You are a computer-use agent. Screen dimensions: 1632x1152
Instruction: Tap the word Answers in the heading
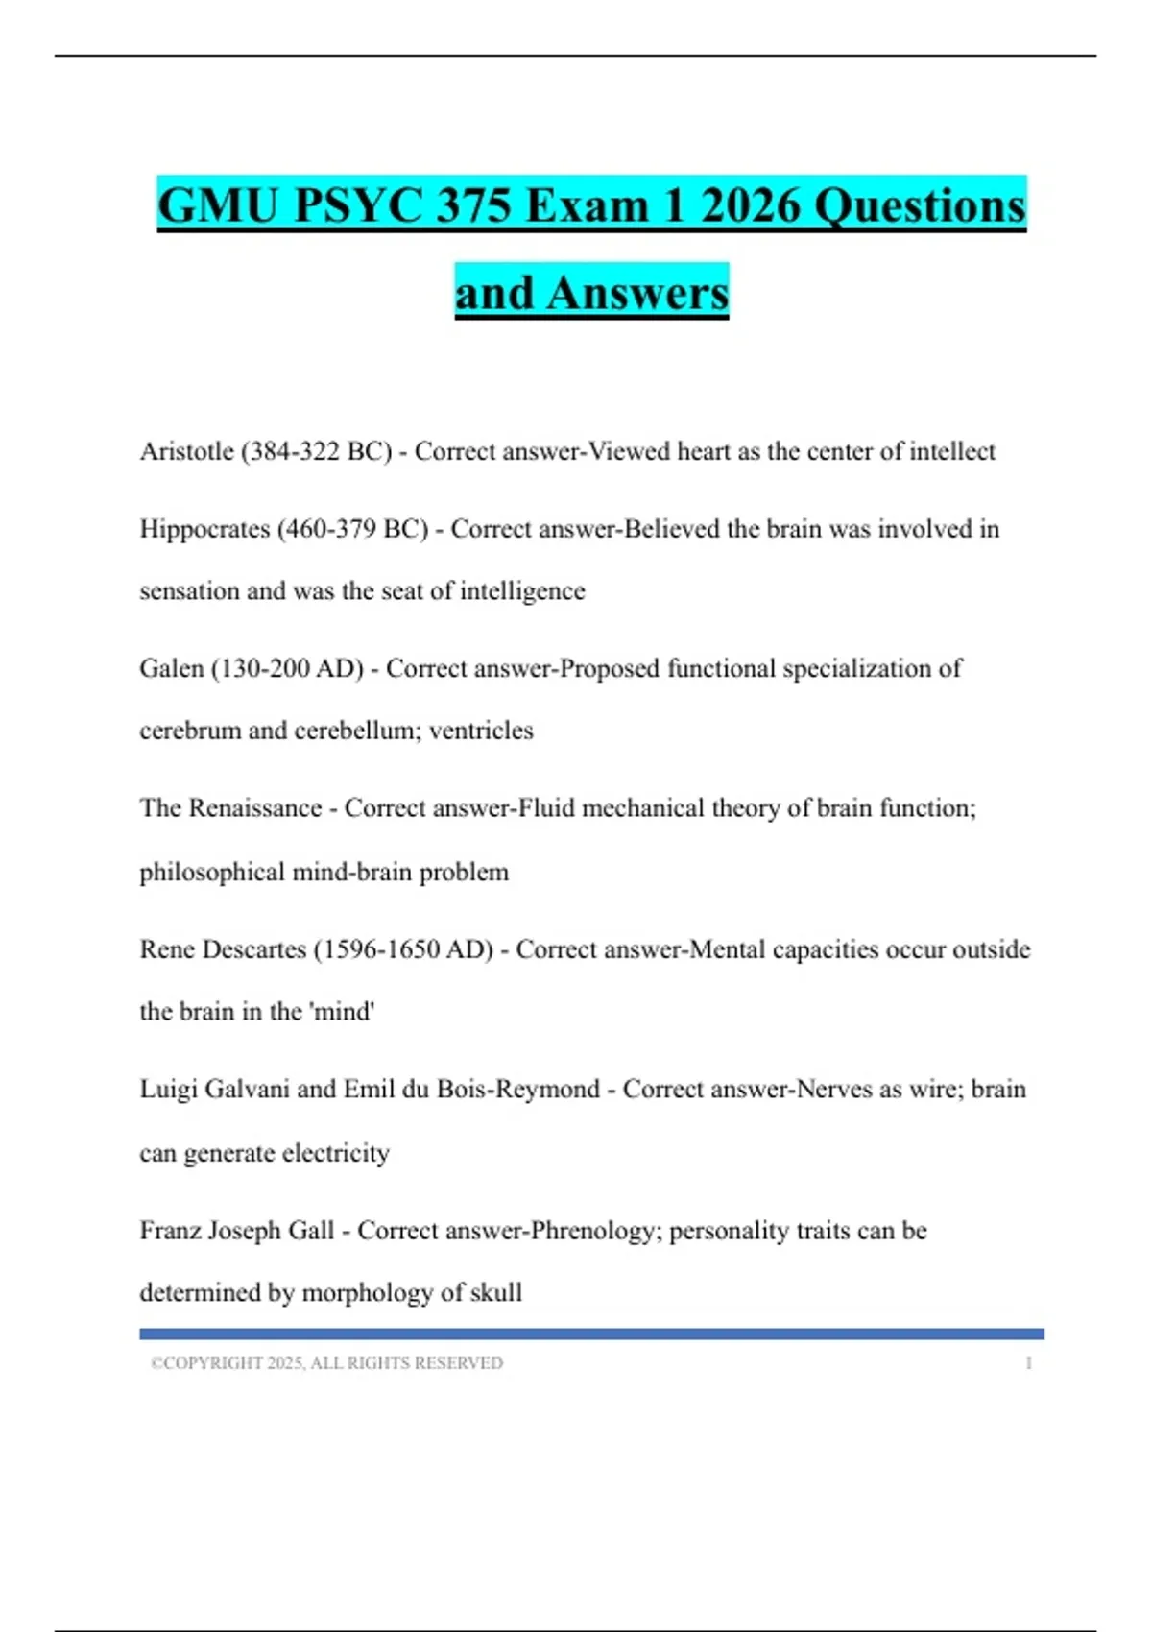[x=637, y=293]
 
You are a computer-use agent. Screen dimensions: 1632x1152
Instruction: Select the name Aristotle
[x=186, y=451]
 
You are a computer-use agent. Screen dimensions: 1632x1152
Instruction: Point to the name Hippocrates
[x=204, y=529]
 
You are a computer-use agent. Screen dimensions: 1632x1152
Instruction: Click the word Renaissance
[x=254, y=808]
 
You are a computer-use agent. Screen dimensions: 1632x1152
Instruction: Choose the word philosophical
[x=212, y=872]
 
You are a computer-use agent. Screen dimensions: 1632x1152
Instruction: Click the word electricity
[x=336, y=1152]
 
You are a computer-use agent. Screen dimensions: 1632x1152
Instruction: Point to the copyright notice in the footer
[x=326, y=1363]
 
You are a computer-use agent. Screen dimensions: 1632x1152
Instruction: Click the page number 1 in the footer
[x=1028, y=1363]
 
